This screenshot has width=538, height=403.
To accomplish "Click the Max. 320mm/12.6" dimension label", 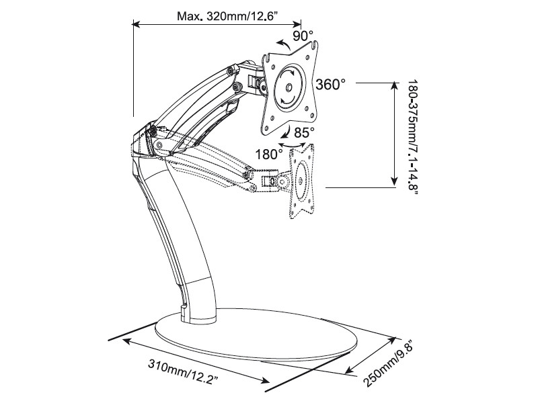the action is click(x=227, y=15).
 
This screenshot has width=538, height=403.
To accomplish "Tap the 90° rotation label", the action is click(x=303, y=36).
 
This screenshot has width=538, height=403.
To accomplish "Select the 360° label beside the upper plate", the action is click(x=330, y=85).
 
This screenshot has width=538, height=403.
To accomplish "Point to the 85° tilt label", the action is click(x=304, y=132).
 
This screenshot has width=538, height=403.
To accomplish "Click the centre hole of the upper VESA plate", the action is click(x=289, y=87).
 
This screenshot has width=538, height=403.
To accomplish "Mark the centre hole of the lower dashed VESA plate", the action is click(x=301, y=181).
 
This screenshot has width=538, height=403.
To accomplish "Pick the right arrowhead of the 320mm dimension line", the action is click(x=297, y=24).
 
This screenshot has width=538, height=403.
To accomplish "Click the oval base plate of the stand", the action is click(x=256, y=334).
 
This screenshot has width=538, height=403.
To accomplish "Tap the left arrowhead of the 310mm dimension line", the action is click(x=127, y=341).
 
